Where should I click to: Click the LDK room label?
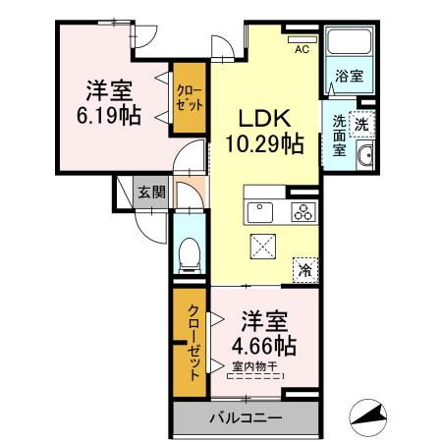[261, 116]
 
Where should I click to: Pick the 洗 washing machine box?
[361, 124]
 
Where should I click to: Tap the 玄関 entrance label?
[150, 192]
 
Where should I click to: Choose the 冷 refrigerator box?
[306, 267]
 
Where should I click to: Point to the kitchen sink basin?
[261, 211]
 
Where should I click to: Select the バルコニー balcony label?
[245, 417]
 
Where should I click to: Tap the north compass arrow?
[371, 416]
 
